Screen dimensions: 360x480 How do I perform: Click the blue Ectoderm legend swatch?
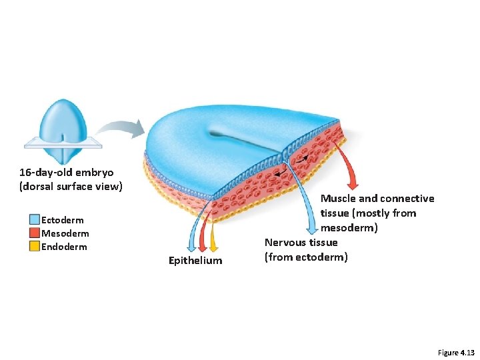(x=35, y=220)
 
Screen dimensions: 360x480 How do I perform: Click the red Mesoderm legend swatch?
(x=35, y=233)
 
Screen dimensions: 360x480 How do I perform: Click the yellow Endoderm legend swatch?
(x=35, y=247)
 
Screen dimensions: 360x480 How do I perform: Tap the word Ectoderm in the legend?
(x=63, y=220)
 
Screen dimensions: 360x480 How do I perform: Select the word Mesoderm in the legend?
(x=65, y=233)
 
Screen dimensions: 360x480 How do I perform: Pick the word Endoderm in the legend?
(x=64, y=247)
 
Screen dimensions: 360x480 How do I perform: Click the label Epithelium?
(x=195, y=260)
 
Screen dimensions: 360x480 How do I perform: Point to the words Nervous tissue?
(x=301, y=243)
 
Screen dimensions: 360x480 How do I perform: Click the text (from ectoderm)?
(x=306, y=257)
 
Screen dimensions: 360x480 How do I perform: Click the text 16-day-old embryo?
(x=66, y=173)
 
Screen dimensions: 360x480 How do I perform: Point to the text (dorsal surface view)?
(x=71, y=186)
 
